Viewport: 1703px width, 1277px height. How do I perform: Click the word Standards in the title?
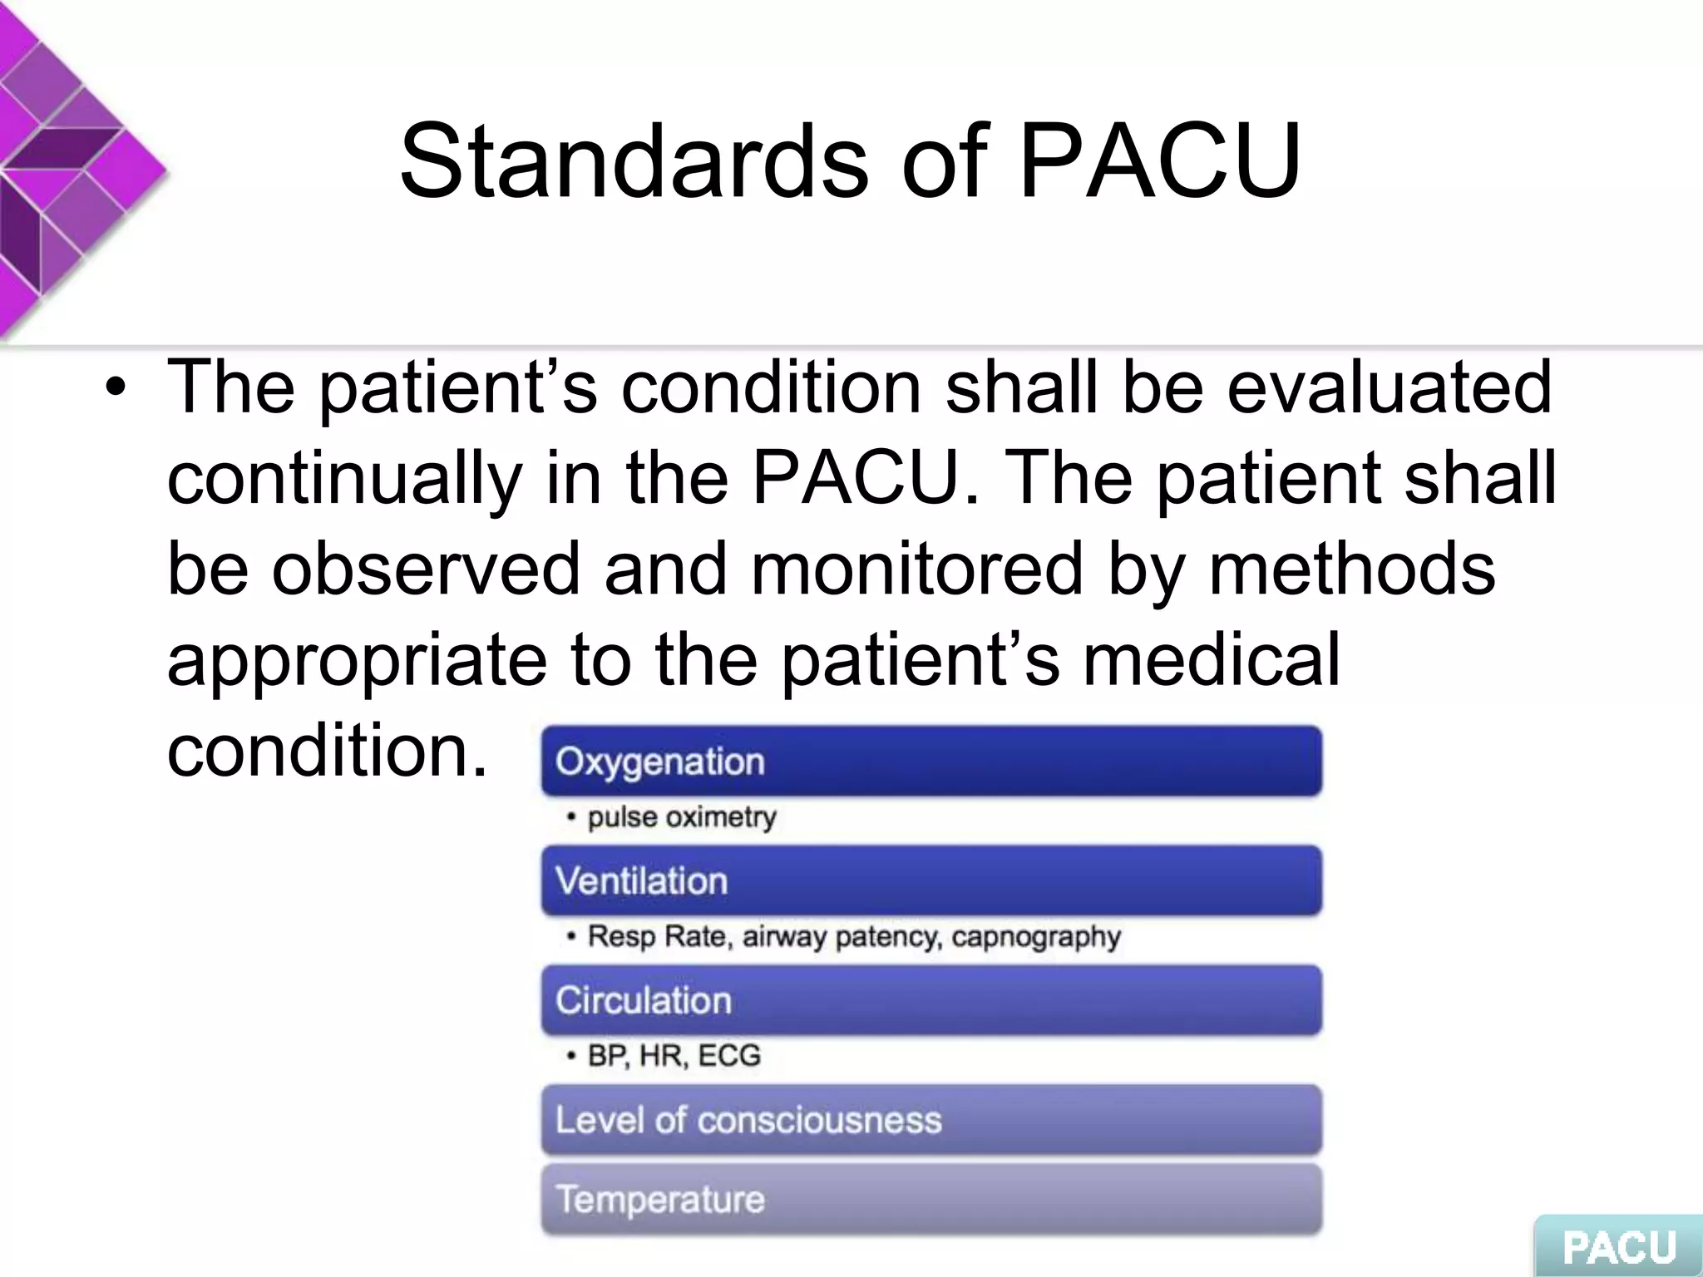(x=634, y=161)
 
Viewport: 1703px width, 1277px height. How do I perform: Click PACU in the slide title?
(x=1159, y=161)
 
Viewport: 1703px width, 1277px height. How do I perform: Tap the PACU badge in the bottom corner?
(x=1618, y=1246)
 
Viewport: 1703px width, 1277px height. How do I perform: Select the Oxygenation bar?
(x=931, y=762)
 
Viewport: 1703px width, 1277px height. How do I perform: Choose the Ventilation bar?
(x=931, y=881)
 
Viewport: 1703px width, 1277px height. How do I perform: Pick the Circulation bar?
(x=931, y=1000)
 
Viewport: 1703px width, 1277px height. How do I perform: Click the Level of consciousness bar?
(x=931, y=1120)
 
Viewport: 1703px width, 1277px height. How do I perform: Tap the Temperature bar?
(x=931, y=1200)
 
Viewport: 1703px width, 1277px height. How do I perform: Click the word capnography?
(x=1036, y=937)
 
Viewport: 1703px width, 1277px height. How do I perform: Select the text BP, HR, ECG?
(x=674, y=1056)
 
